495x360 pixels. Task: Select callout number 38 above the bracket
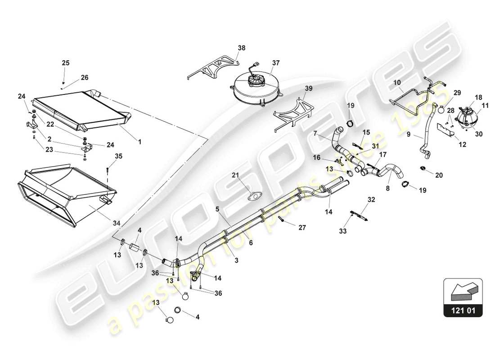click(242, 47)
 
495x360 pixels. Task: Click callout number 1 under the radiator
click(139, 141)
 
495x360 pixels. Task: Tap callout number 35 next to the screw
click(119, 157)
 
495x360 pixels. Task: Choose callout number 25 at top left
click(66, 63)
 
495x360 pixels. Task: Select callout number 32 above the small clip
click(371, 199)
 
